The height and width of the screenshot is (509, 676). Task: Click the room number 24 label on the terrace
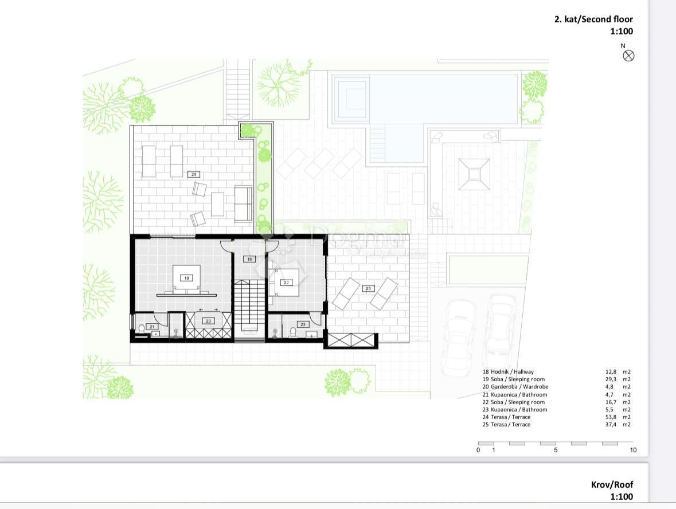[x=194, y=175]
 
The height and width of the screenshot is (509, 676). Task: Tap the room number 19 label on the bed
[x=187, y=278]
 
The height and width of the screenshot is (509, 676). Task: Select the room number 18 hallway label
[x=249, y=259]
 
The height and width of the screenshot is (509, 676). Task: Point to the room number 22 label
[x=286, y=283]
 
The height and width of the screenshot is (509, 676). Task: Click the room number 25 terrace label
[x=368, y=288]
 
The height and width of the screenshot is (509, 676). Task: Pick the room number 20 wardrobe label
[x=208, y=321]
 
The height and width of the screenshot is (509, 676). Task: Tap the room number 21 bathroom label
[x=152, y=327]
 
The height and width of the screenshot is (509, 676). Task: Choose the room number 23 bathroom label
[x=303, y=324]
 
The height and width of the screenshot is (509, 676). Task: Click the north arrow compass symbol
[x=628, y=56]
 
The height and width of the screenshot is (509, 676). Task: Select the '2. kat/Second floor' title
[x=593, y=19]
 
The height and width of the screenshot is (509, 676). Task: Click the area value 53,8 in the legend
[x=611, y=417]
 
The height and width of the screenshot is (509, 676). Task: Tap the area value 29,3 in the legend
[x=611, y=379]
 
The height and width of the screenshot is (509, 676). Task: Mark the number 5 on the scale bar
[x=556, y=450]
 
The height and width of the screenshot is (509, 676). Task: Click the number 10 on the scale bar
[x=633, y=450]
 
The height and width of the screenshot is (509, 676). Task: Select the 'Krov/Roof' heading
[x=612, y=484]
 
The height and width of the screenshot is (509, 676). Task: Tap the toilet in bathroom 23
[x=293, y=332]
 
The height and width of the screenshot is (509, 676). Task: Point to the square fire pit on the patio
[x=474, y=174]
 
